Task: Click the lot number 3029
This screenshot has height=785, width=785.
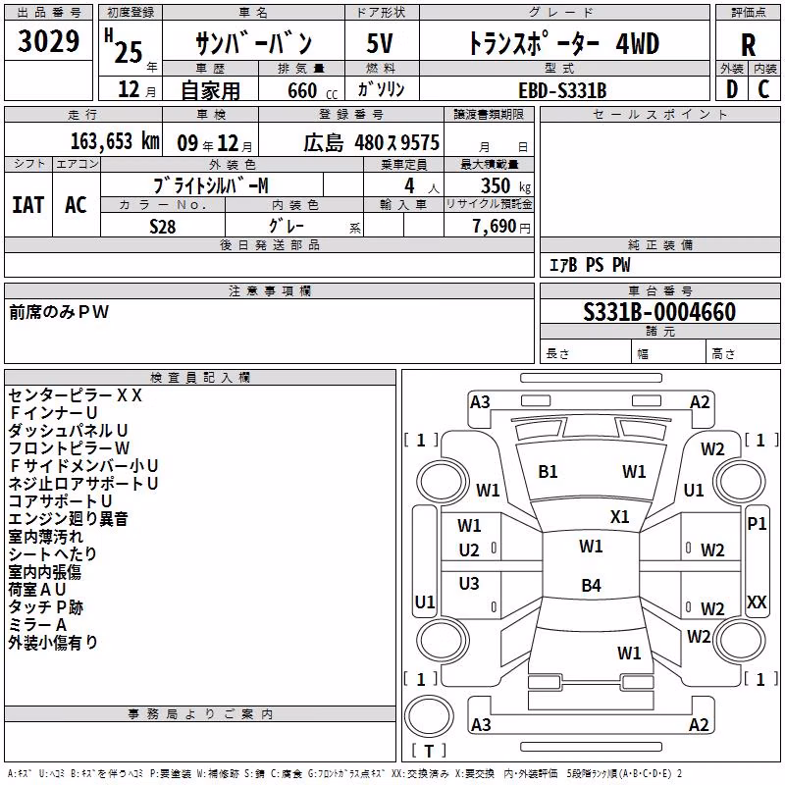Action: (48, 40)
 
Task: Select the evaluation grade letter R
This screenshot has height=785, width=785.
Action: (748, 45)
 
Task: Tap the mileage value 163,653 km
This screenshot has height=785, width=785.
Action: (115, 141)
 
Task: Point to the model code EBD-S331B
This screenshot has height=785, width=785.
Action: (562, 90)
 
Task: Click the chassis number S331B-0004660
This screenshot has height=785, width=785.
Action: (659, 311)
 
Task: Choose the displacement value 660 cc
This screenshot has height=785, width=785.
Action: (312, 91)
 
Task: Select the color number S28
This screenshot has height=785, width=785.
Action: (163, 227)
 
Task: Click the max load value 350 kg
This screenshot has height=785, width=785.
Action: (505, 185)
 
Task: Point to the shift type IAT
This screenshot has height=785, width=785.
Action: (28, 205)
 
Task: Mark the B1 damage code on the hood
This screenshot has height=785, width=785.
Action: (548, 472)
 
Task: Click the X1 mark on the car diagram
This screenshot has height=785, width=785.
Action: (619, 516)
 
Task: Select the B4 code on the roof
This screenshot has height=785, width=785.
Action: (591, 585)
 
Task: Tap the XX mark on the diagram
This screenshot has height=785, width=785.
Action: (757, 602)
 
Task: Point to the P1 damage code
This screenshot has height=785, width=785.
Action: (757, 524)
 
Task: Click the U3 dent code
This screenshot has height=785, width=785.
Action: (469, 583)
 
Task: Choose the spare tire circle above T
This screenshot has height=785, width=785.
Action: (429, 716)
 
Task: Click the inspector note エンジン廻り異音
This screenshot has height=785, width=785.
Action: (68, 519)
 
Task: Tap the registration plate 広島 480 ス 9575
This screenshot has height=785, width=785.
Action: (371, 142)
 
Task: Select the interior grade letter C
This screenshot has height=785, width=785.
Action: (763, 89)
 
